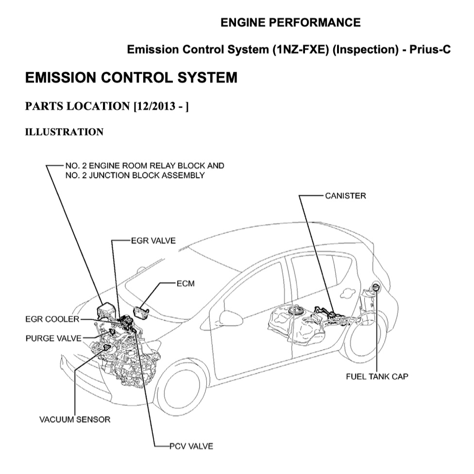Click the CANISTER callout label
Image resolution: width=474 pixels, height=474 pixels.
pyautogui.click(x=345, y=196)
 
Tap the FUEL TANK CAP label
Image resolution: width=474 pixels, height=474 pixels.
pyautogui.click(x=377, y=376)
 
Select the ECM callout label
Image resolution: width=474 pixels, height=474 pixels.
pyautogui.click(x=185, y=284)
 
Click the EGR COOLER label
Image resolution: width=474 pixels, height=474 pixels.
pyautogui.click(x=52, y=319)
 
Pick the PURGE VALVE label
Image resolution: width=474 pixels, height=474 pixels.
pyautogui.click(x=53, y=338)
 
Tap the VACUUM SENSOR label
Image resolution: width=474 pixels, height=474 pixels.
pyautogui.click(x=75, y=419)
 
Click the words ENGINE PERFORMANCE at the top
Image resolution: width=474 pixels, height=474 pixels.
pyautogui.click(x=290, y=22)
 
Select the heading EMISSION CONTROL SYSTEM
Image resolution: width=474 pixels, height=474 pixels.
pyautogui.click(x=131, y=78)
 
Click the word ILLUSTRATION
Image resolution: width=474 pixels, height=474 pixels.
pyautogui.click(x=64, y=132)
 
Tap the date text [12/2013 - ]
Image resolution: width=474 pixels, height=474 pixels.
pyautogui.click(x=161, y=106)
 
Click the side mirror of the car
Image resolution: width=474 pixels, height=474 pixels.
pyautogui.click(x=231, y=318)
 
